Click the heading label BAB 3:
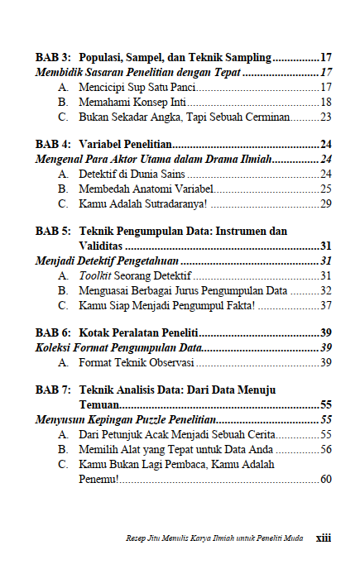point(53,58)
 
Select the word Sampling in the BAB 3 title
point(246,58)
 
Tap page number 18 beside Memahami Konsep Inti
point(325,102)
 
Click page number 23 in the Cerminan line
point(325,117)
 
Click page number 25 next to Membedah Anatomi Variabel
point(325,189)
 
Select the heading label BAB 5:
point(53,232)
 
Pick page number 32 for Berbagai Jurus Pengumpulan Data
point(325,290)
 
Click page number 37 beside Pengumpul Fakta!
point(325,305)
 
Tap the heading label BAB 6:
point(53,333)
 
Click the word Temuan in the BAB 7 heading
point(98,405)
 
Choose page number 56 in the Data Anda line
point(325,449)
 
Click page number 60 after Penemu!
point(325,479)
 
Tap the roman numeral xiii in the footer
point(324,537)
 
